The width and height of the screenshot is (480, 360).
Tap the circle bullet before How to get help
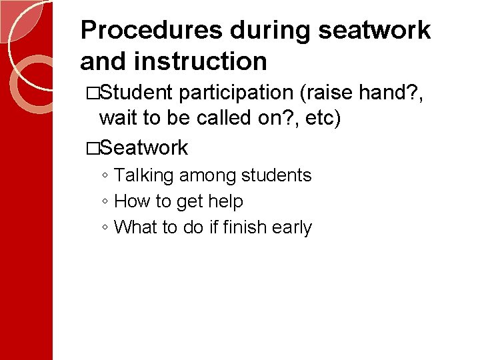[x=105, y=202]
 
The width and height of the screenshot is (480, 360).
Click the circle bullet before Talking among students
[x=105, y=176]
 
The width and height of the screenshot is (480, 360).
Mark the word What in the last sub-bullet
[x=134, y=227]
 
